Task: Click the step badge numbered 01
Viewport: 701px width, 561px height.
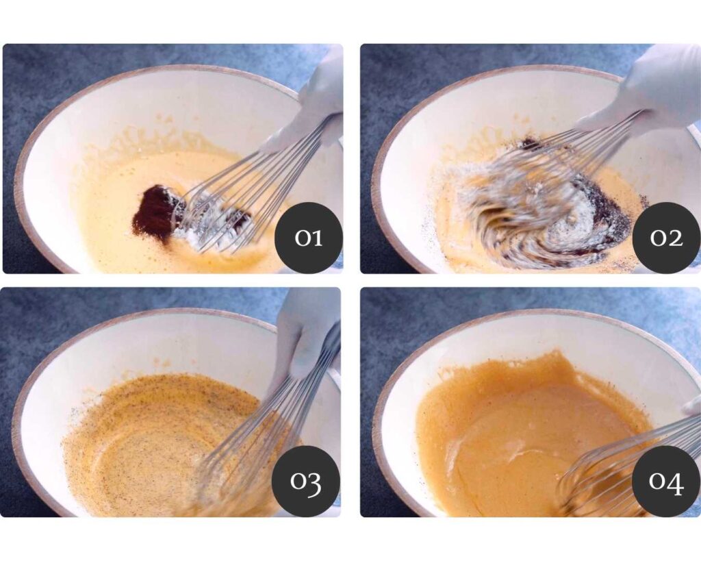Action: (x=309, y=238)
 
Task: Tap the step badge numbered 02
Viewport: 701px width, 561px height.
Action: (x=666, y=238)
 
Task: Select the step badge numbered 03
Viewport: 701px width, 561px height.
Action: (x=306, y=481)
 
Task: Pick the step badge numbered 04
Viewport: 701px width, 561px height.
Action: (x=666, y=481)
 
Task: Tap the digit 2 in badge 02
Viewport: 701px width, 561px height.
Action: (x=674, y=238)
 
